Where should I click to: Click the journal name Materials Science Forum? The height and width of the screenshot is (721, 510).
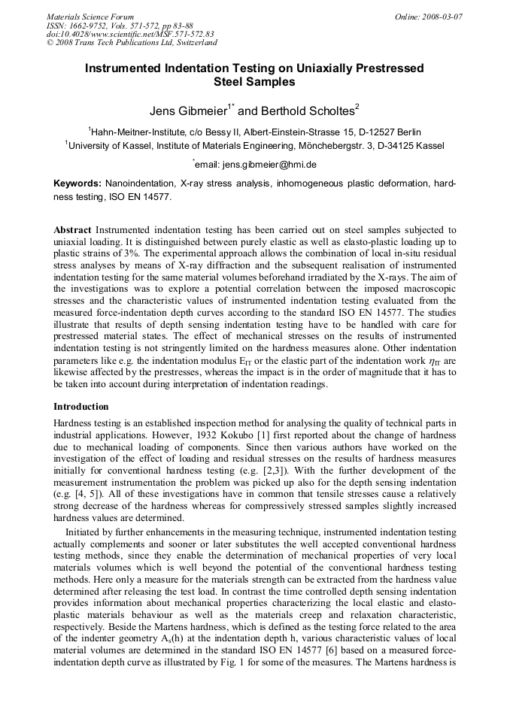pos(90,16)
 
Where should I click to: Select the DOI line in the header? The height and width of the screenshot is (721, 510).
pos(130,34)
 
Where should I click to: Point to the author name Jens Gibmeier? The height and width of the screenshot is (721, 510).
pos(187,111)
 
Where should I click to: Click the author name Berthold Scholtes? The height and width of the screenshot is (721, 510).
pos(308,111)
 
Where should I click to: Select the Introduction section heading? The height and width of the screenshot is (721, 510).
pos(81,407)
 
